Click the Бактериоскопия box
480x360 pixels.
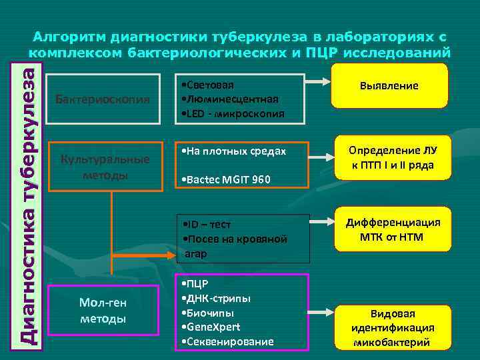[103, 99]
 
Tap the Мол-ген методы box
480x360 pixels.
[103, 311]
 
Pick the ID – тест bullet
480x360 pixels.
[210, 224]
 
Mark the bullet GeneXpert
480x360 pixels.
[212, 327]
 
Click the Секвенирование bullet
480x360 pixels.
[229, 341]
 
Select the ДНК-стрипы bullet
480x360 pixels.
[217, 297]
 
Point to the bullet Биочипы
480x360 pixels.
[210, 312]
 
